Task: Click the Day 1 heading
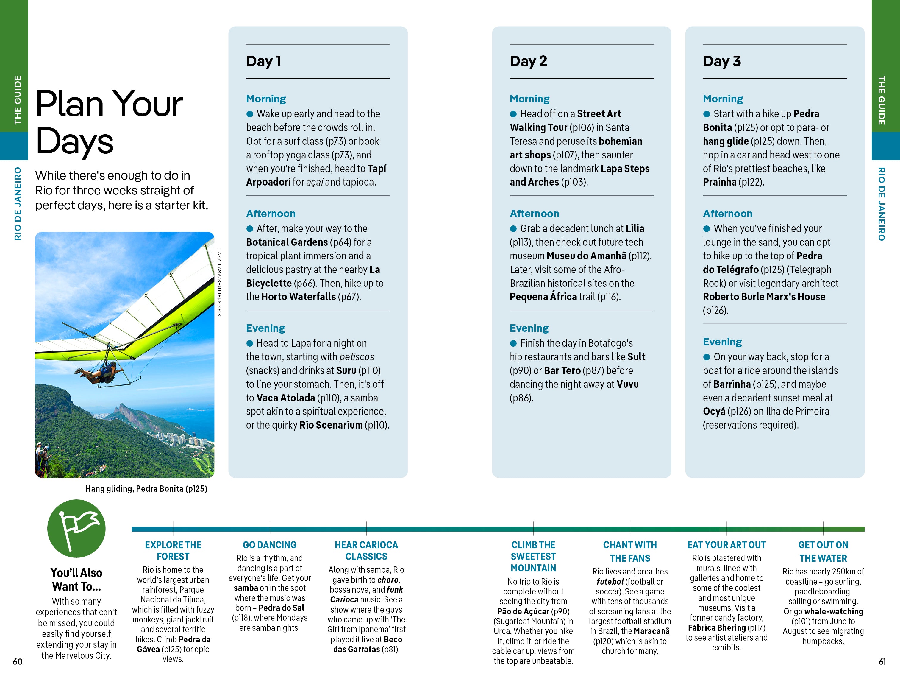(x=263, y=61)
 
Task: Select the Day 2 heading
(x=528, y=61)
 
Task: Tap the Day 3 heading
(x=721, y=61)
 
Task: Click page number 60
(x=17, y=661)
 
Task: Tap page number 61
(x=882, y=661)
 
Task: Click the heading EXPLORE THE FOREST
(x=173, y=550)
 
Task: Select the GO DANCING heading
(x=270, y=545)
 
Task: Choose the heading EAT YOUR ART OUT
(x=726, y=545)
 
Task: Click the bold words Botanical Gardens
(x=287, y=242)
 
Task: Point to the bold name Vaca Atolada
(x=286, y=398)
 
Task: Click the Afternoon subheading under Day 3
(x=727, y=214)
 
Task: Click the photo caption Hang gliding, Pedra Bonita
(x=146, y=488)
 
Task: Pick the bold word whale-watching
(x=833, y=611)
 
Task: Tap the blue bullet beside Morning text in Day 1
(x=250, y=114)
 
